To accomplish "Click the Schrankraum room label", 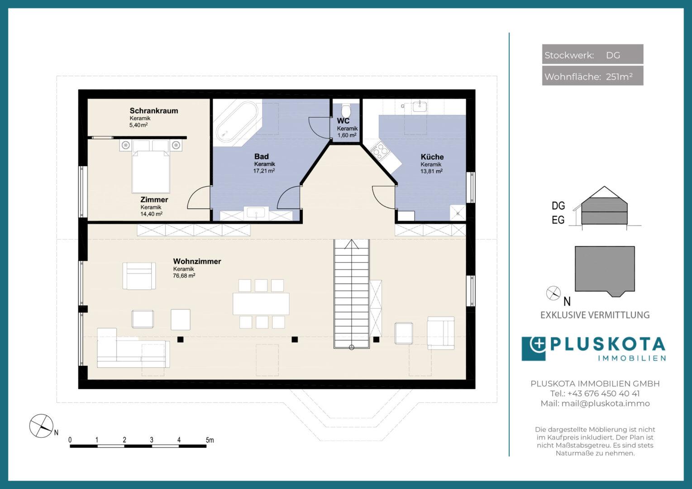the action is point(154,110).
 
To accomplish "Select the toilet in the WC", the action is point(346,110).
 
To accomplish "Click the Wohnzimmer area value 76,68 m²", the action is point(184,276).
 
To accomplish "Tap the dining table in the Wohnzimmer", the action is point(261,304).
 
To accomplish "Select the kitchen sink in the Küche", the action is point(420,106).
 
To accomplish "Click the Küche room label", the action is point(432,157).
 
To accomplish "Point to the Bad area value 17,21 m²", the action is point(264,171).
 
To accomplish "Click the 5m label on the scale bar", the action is point(210,440).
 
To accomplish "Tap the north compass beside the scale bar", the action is point(41,426).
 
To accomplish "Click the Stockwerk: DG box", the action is point(592,54).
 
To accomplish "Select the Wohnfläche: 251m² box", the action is point(592,76).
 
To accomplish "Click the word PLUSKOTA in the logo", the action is point(608,345).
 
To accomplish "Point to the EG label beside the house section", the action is point(558,220).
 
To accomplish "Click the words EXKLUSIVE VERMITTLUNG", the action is point(595,315).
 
